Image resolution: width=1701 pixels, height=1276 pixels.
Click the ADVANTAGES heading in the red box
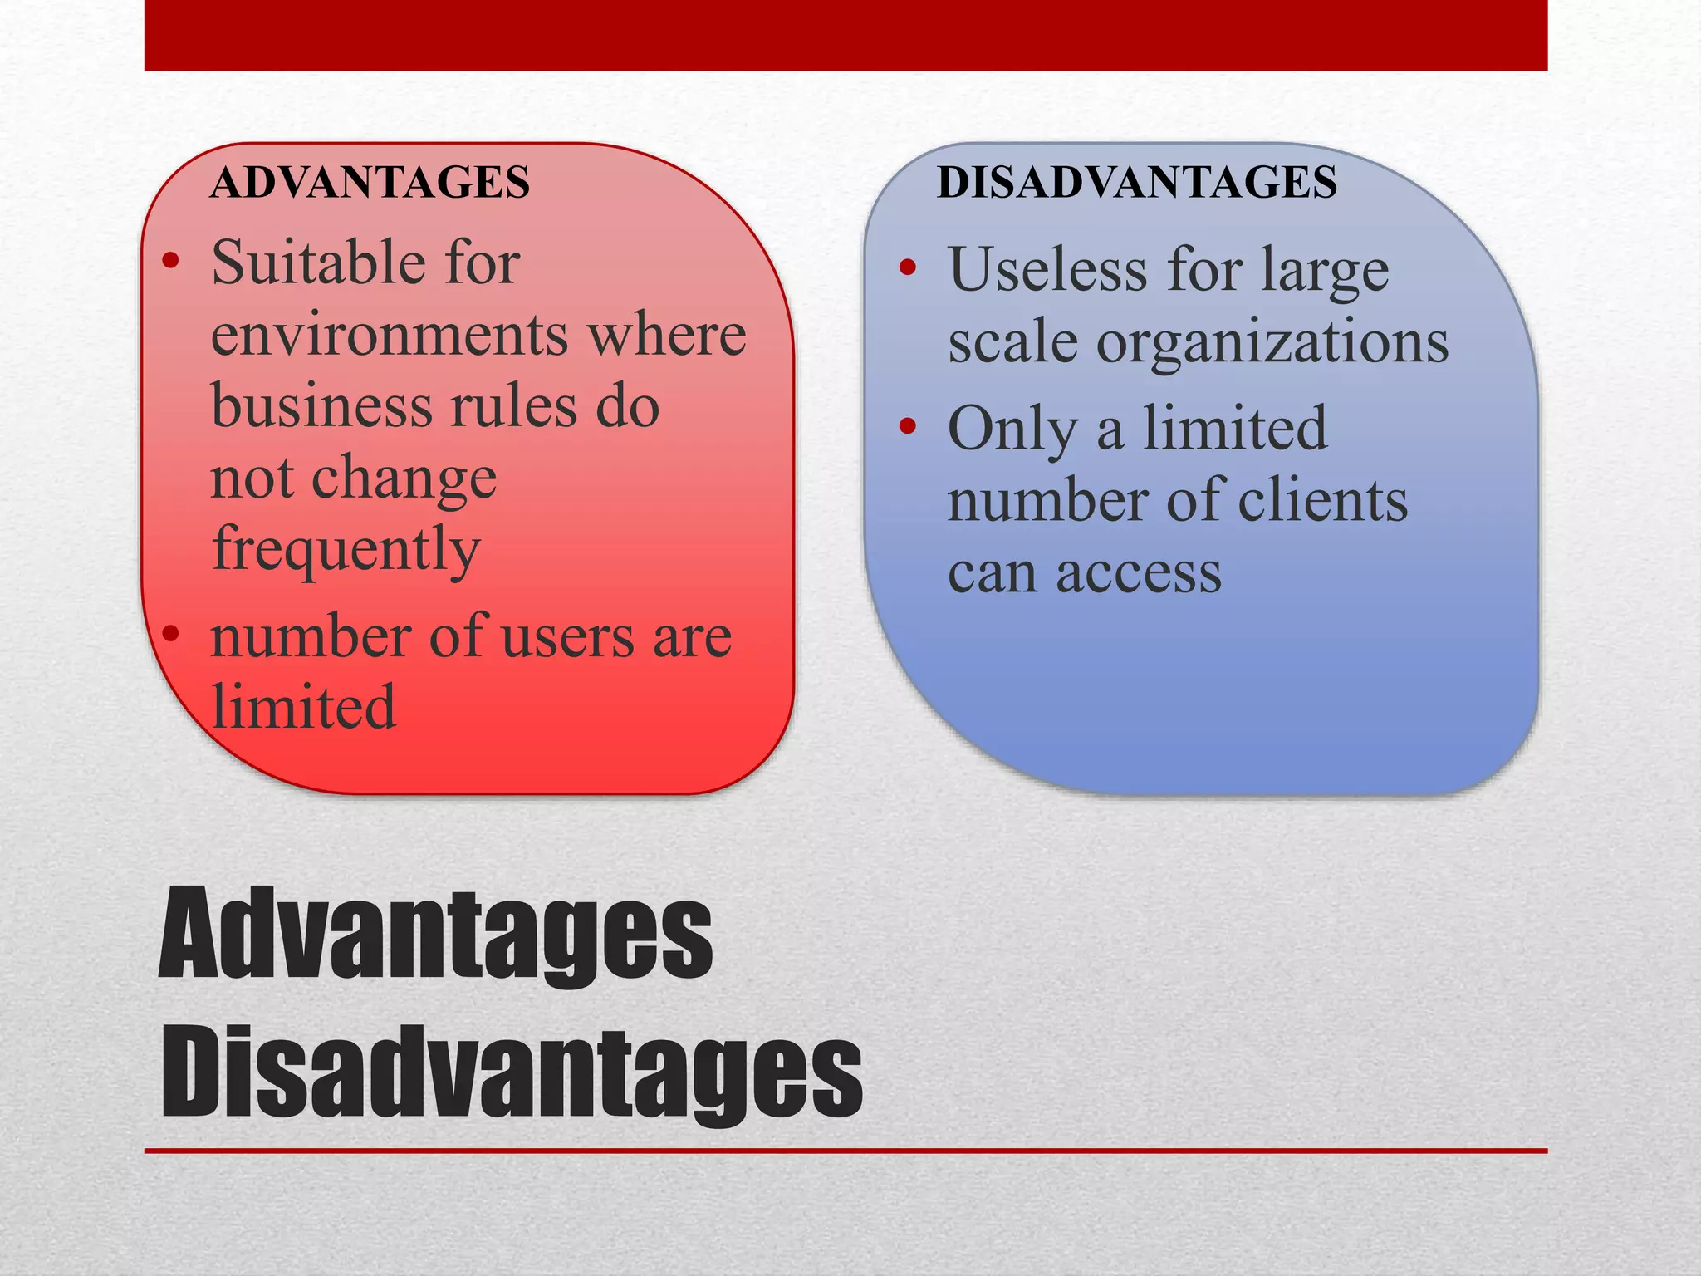pos(370,183)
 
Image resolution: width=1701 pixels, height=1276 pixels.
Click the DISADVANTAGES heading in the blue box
pos(1137,183)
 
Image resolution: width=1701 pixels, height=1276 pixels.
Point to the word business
pos(321,406)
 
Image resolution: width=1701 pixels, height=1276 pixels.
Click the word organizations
pos(1272,341)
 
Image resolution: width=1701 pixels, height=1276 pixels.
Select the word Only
pos(1012,429)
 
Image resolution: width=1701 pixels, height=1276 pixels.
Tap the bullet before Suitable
pos(171,262)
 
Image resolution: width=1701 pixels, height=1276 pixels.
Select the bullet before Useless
pos(908,268)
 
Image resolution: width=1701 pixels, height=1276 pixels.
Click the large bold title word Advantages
pos(435,934)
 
